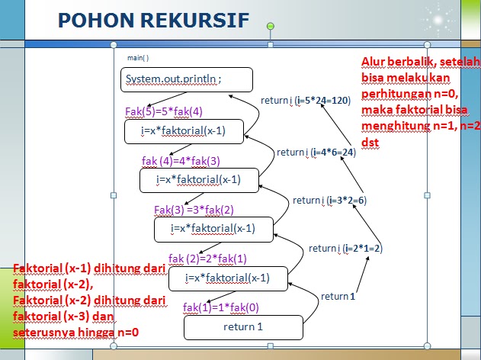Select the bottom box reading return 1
point(242,326)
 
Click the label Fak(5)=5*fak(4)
point(163,111)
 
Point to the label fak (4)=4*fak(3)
point(181,160)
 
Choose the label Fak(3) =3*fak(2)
point(194,209)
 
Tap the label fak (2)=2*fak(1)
point(207,258)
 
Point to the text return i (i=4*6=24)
point(316,152)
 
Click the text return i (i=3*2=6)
point(330,200)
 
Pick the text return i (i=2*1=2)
point(345,248)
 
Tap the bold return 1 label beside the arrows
point(338,296)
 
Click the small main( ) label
point(138,57)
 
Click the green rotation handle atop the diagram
point(270,27)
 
